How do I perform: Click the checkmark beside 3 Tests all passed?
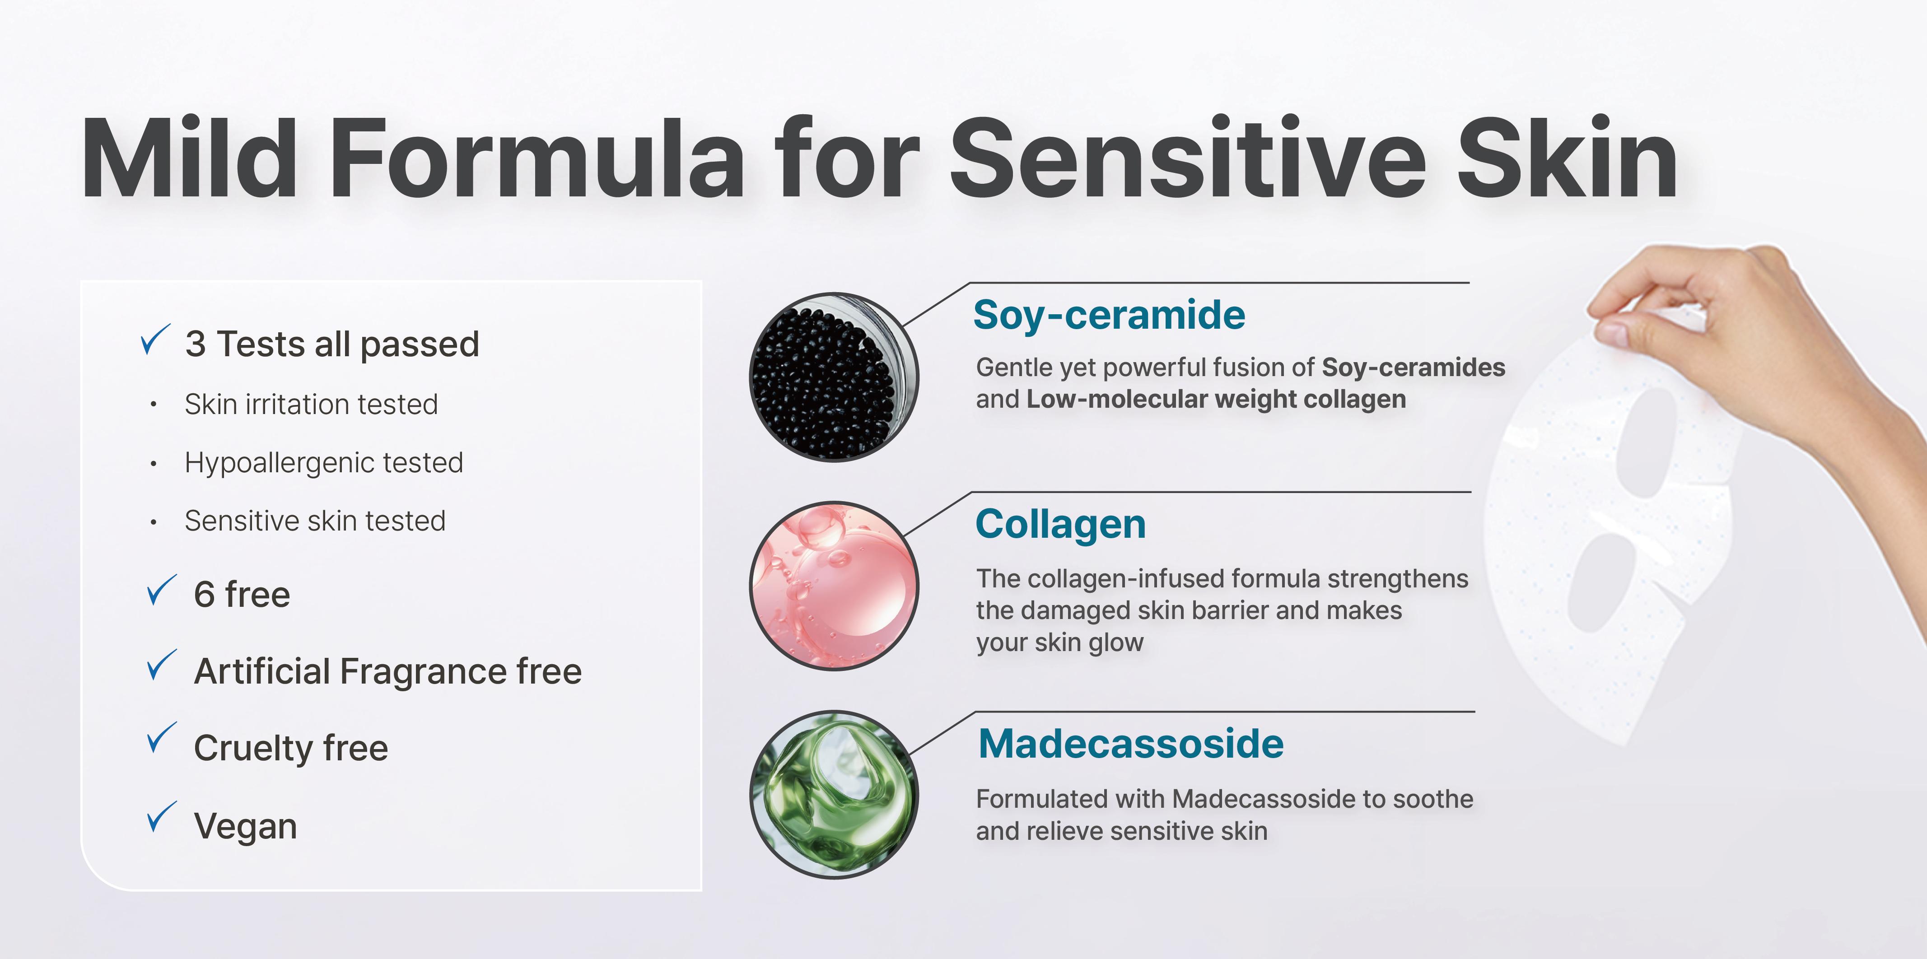coord(156,340)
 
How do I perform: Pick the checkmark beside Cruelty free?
coord(162,738)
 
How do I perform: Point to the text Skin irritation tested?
coord(311,404)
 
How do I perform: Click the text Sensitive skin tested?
coord(315,521)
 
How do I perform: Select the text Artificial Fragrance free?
coord(387,671)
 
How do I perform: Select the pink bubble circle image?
coord(834,586)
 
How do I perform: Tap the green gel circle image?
coord(834,795)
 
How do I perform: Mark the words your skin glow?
coord(1060,642)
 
